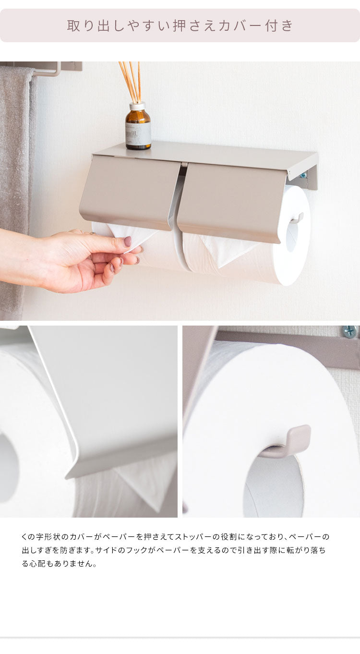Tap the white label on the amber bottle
139,133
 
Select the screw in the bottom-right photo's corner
349,332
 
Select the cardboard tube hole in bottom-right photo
271,485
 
